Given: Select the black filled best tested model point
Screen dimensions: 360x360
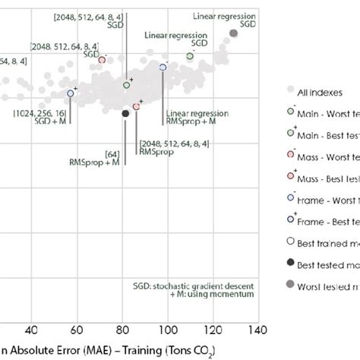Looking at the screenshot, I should coord(125,113).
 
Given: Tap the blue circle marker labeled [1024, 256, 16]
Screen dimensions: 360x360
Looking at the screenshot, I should coord(71,93).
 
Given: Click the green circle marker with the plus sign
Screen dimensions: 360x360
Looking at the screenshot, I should coord(127,85).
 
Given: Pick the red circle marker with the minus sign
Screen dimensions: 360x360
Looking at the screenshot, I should coord(103,61).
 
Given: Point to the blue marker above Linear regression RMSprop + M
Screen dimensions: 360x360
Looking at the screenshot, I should coord(163,68).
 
